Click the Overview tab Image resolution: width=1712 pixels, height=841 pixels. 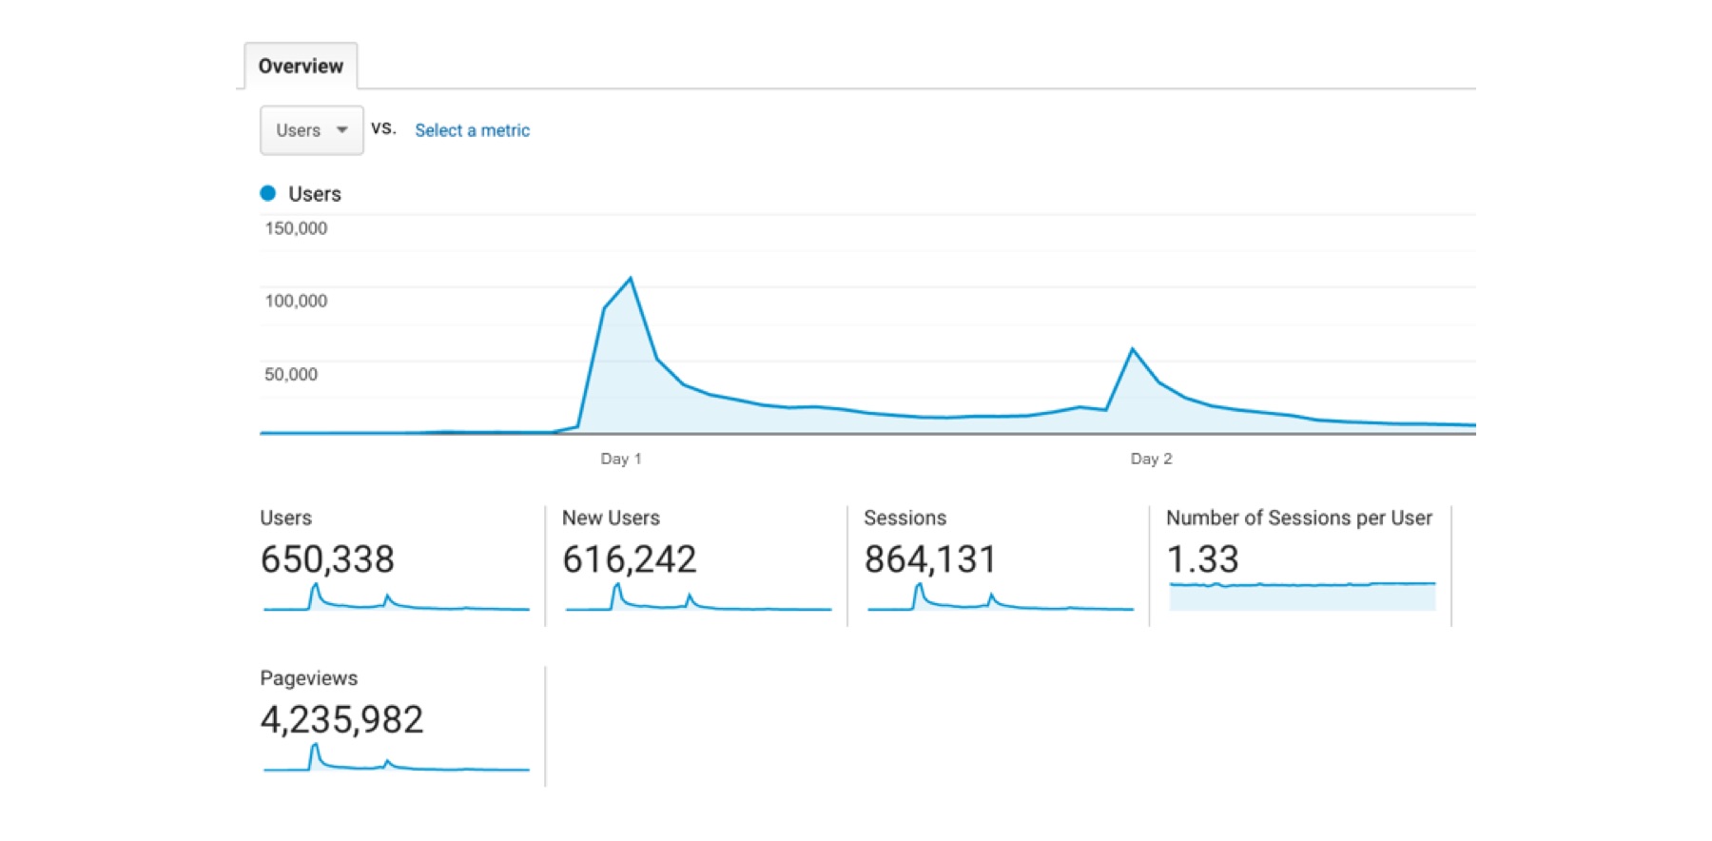pos(301,67)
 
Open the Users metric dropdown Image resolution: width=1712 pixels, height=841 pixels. pos(311,130)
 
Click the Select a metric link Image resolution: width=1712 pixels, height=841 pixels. pos(472,130)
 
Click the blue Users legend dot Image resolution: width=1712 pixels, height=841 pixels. pos(268,193)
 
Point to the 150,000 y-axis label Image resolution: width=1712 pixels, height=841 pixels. pos(296,228)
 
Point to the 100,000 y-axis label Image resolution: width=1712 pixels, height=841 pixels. pos(296,301)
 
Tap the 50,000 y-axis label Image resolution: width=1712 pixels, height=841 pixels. pos(291,374)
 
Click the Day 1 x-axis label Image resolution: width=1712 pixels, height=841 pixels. pos(621,459)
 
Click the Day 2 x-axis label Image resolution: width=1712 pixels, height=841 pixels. pos(1151,459)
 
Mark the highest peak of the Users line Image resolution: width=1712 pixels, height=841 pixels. pos(631,279)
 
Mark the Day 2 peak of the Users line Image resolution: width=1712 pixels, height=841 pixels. pos(1133,349)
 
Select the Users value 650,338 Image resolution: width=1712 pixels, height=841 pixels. pos(327,559)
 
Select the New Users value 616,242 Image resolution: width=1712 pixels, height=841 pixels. pos(629,559)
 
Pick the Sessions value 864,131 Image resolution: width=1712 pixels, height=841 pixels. pos(930,559)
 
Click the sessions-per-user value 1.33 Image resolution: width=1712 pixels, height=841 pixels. pos(1202,559)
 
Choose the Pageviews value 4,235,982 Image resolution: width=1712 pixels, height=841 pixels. pos(341,720)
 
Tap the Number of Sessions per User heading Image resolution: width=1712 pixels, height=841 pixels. pos(1298,518)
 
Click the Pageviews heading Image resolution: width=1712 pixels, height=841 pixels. pos(309,678)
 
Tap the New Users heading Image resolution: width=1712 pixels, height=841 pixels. pos(611,518)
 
